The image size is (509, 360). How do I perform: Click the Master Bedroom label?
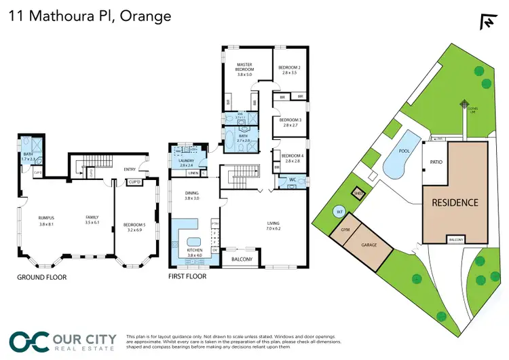pyautogui.click(x=244, y=67)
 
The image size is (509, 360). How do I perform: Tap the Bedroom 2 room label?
pyautogui.click(x=290, y=69)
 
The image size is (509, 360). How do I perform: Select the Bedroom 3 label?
pyautogui.click(x=290, y=122)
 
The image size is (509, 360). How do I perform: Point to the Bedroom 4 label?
pyautogui.click(x=290, y=158)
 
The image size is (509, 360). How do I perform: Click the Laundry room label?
pyautogui.click(x=187, y=162)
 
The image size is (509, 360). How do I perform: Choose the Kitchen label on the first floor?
pyautogui.click(x=194, y=250)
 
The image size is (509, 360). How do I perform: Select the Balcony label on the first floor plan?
pyautogui.click(x=242, y=259)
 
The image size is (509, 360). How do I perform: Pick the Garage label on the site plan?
pyautogui.click(x=369, y=245)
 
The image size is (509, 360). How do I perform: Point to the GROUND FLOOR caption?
pyautogui.click(x=43, y=277)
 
